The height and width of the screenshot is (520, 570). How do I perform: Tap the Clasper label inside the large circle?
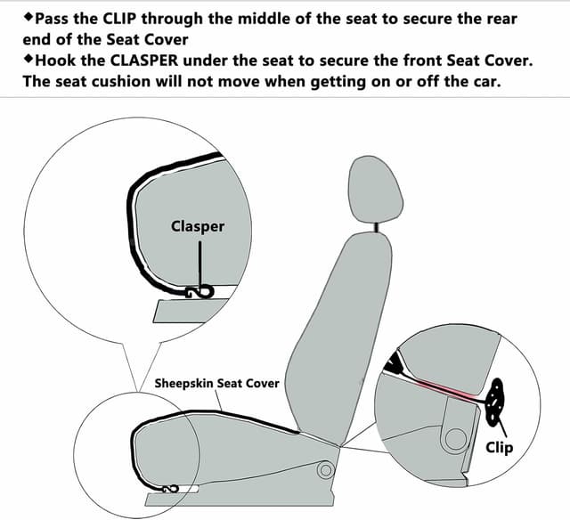click(198, 225)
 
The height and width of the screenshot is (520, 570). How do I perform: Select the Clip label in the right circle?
click(499, 446)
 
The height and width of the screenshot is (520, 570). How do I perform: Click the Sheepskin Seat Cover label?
click(217, 384)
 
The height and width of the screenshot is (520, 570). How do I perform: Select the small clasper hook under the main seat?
click(169, 487)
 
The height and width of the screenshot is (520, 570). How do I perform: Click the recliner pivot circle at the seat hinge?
click(327, 468)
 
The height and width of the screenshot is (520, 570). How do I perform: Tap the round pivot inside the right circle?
click(456, 437)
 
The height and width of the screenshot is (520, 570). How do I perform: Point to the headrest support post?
click(379, 228)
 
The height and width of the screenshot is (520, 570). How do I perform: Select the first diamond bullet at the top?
click(28, 18)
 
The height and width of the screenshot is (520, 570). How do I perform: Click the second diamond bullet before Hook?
click(28, 59)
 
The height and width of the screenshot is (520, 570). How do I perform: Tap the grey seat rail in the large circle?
click(191, 310)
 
